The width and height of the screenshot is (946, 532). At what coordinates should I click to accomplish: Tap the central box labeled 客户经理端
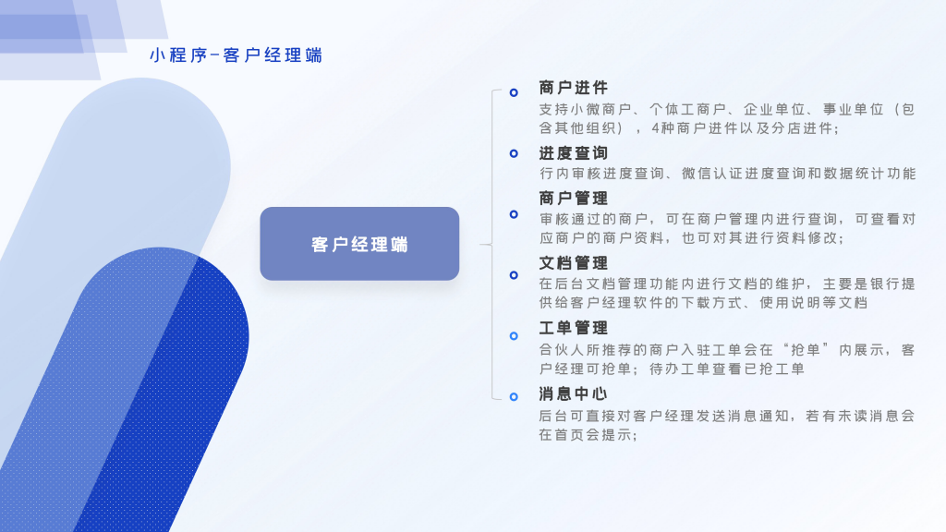359,245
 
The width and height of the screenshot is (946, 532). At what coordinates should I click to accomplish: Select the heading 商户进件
573,88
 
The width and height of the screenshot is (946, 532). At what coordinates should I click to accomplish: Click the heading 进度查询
573,152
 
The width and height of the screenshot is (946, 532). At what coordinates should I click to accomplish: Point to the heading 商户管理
573,198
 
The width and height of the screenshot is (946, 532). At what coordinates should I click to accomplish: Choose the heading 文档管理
573,263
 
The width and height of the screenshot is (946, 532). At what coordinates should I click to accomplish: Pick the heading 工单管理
573,328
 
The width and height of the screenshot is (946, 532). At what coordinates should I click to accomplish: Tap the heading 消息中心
573,393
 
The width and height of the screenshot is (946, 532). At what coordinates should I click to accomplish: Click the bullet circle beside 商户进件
514,92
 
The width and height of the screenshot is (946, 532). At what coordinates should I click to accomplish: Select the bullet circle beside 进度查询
514,153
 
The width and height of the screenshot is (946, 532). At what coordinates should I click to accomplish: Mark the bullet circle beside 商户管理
514,214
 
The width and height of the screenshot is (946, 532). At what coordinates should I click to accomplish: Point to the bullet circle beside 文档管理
514,274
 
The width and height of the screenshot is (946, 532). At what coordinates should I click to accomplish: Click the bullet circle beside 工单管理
514,335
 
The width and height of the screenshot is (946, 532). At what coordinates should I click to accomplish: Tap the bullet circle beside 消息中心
514,396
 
